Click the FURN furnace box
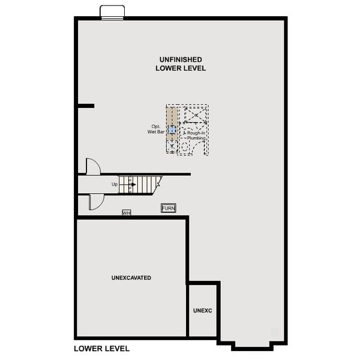coord(169,208)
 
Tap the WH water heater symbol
coord(126,212)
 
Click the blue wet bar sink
coord(172,129)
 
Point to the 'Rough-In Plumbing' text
coord(196,135)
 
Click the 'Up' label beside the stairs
coord(115,184)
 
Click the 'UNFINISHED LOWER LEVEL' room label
coord(181,64)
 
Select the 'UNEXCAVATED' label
coord(131,278)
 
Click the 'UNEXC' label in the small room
coord(203,310)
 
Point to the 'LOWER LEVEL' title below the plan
coord(101,348)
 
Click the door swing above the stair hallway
coord(93,166)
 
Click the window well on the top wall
coord(112,13)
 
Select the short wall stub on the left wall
coord(86,106)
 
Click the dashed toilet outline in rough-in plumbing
coord(185,146)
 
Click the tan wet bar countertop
coord(172,117)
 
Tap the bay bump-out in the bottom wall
coord(252,344)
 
